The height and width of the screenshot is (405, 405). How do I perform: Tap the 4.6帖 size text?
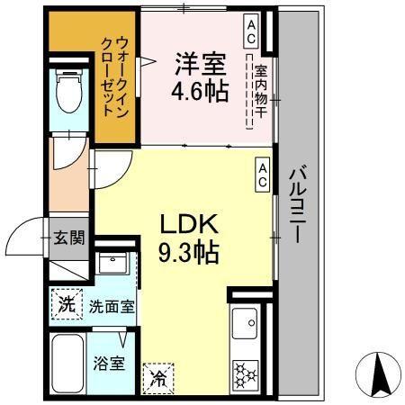pyautogui.click(x=199, y=91)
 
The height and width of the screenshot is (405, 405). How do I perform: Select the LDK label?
pyautogui.click(x=187, y=224)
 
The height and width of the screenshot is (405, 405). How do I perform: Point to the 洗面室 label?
pyautogui.click(x=111, y=306)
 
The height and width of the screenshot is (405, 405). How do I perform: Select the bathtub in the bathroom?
pyautogui.click(x=67, y=364)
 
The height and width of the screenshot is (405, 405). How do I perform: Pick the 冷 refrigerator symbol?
pyautogui.click(x=158, y=377)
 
